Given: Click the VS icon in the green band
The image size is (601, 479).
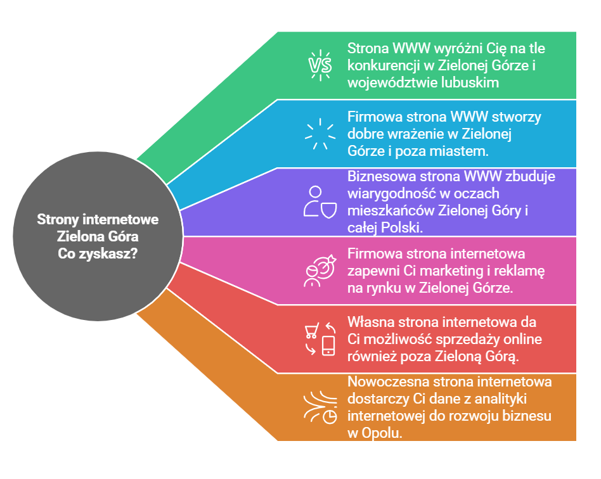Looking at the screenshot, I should (x=320, y=65).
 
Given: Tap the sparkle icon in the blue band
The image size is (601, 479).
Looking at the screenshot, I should (x=320, y=134).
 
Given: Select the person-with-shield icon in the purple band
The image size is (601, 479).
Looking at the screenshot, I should (x=320, y=202).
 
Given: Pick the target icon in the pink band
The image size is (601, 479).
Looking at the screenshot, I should (x=320, y=271).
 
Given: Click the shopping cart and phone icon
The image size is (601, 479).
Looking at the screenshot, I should (x=320, y=339).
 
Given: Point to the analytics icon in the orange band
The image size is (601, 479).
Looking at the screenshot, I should (x=320, y=407).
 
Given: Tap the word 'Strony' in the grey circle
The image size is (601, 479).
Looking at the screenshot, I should (x=57, y=220).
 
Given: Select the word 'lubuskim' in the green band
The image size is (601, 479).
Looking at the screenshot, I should (x=472, y=82).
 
